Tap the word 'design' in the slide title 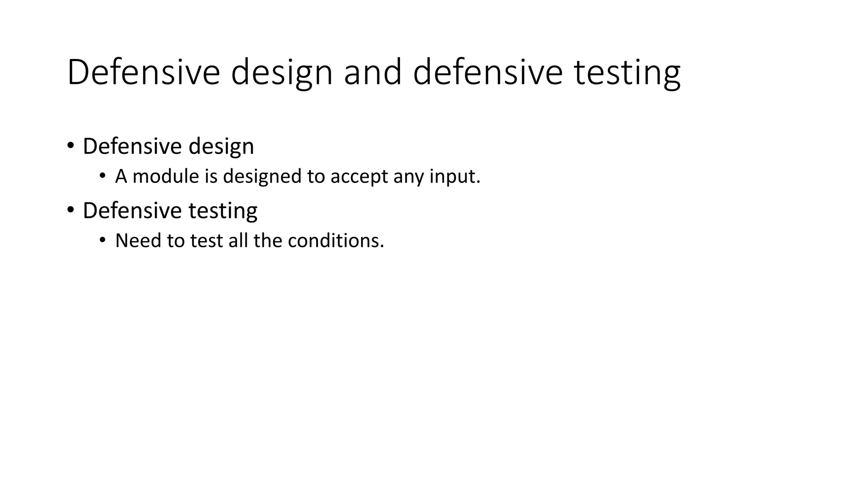click(x=282, y=73)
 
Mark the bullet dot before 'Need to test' click(x=102, y=240)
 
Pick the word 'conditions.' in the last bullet click(x=336, y=241)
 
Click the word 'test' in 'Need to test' click(x=206, y=241)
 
